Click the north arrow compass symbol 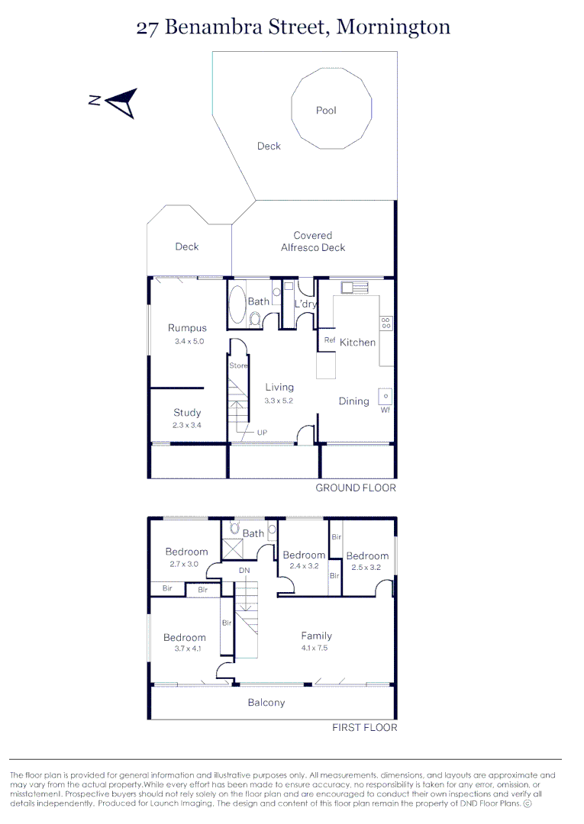click(121, 102)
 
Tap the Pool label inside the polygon click(326, 111)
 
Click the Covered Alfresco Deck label click(313, 241)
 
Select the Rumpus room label click(187, 328)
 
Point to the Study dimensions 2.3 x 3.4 click(187, 426)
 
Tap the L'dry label click(305, 304)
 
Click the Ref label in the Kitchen click(330, 340)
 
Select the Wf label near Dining click(386, 410)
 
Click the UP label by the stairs click(262, 432)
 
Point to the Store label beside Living click(239, 365)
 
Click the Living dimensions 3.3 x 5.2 click(279, 400)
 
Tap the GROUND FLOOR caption click(356, 488)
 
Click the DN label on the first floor click(244, 570)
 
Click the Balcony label click(266, 703)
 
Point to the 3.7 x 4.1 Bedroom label click(184, 638)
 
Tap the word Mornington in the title click(393, 27)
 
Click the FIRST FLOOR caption click(364, 728)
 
